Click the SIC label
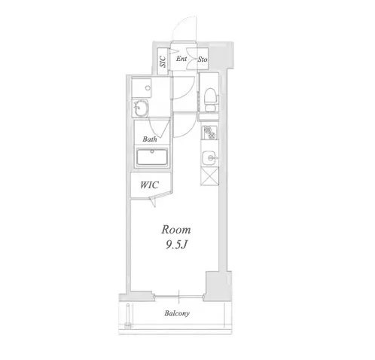point(163,61)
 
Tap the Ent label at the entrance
point(181,59)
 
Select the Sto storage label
point(203,59)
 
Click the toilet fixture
point(210,99)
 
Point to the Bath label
point(150,139)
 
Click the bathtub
point(152,157)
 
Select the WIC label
point(149,185)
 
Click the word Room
point(176,230)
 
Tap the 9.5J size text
point(176,245)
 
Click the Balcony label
point(177,313)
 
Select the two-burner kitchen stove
point(210,133)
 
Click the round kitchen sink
point(209,157)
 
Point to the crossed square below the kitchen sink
point(209,176)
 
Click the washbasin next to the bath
point(141,108)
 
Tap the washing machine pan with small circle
point(142,88)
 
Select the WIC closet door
point(153,202)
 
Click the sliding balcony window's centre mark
point(179,297)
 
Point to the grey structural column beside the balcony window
point(217,285)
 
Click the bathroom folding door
point(158,128)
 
